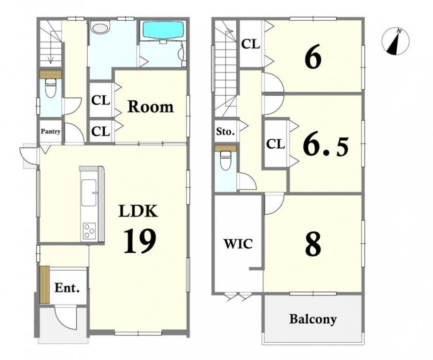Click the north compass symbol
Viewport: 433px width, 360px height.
[x=395, y=42]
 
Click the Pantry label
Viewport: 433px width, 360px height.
[x=50, y=131]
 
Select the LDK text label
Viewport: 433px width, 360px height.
[x=138, y=211]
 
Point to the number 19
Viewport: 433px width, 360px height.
[x=140, y=241]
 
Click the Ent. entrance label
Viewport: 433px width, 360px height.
[x=67, y=288]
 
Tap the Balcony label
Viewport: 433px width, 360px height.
[x=313, y=319]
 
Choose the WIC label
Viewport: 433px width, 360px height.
[x=238, y=244]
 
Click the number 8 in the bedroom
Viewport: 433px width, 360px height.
[x=313, y=244]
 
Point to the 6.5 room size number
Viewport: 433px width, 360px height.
[x=326, y=146]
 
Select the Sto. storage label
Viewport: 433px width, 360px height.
[x=225, y=132]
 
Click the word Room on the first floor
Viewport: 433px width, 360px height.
[x=151, y=107]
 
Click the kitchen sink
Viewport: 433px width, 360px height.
[x=89, y=192]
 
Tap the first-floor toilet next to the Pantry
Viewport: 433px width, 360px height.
[x=50, y=87]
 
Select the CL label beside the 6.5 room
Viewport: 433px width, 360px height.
[x=275, y=144]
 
